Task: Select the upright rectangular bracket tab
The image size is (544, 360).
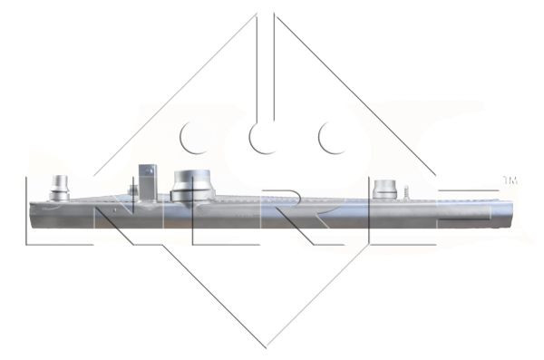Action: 145,178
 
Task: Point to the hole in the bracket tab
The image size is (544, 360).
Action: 145,170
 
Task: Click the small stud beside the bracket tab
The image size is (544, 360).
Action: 133,190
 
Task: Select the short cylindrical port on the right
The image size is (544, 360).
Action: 384,189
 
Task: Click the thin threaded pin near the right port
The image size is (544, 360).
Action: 407,192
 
